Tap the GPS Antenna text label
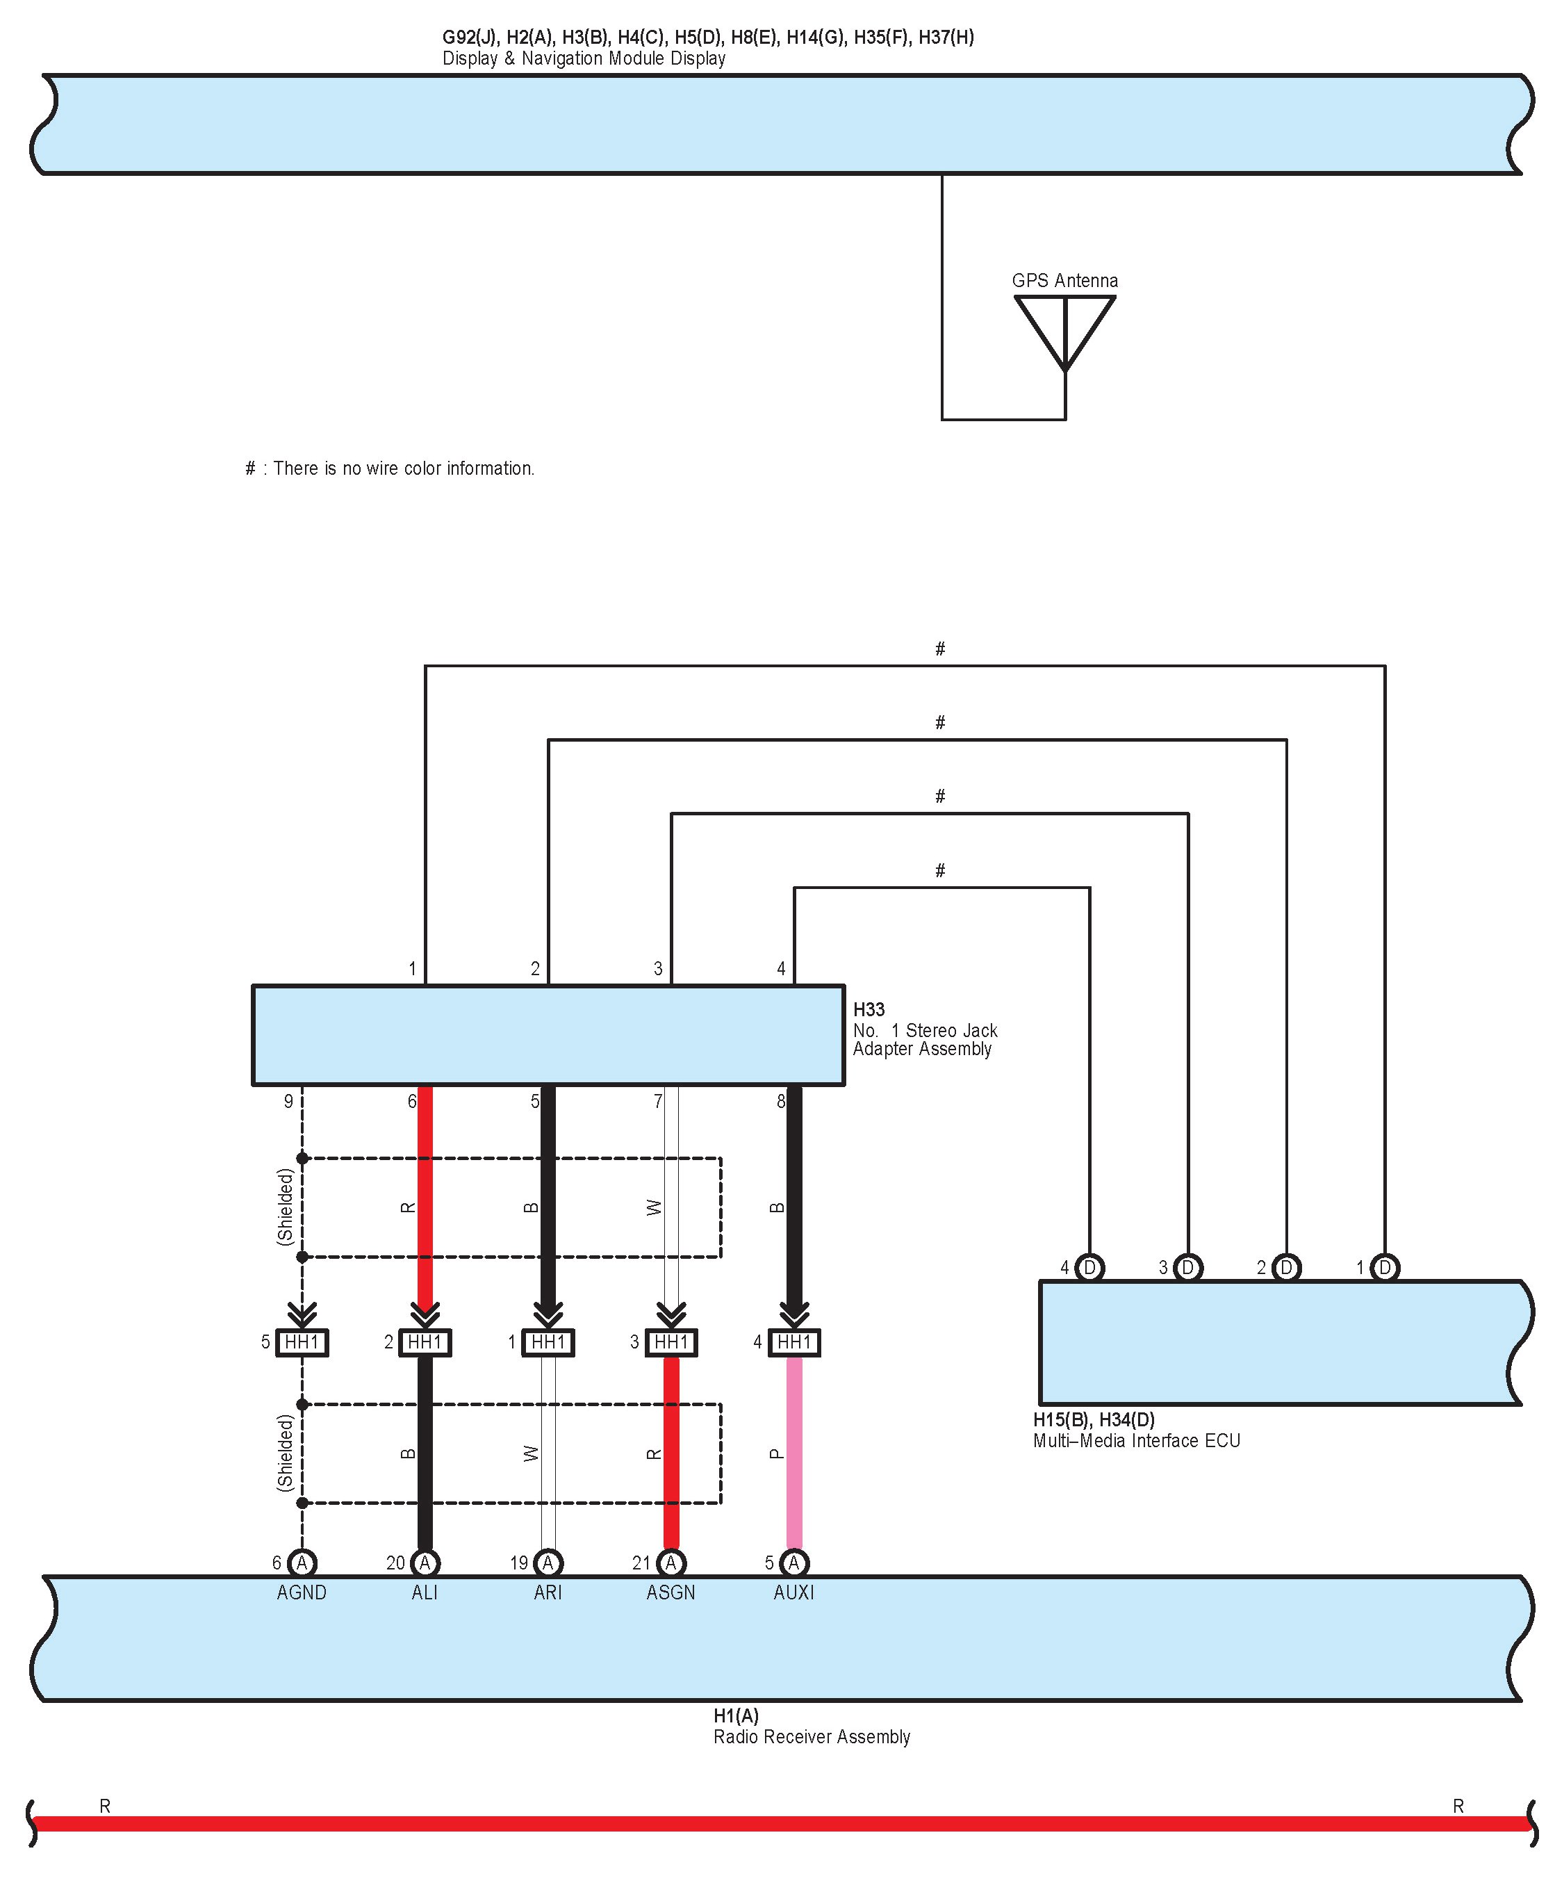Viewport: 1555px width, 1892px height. coord(1064,280)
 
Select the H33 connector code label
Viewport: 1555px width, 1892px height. coord(869,1010)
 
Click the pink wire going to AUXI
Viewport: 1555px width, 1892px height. coord(793,1451)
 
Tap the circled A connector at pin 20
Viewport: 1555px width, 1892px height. coord(425,1563)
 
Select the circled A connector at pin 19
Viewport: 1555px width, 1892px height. coord(548,1563)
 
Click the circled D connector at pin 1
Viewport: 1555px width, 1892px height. coord(1385,1268)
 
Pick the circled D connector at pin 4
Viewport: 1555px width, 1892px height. coord(1090,1268)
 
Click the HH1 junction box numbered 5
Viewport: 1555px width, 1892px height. coord(302,1342)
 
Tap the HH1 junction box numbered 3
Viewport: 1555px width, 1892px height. coord(671,1342)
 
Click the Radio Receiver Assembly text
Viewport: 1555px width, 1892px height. coord(812,1737)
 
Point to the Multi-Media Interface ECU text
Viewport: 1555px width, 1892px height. coord(1137,1440)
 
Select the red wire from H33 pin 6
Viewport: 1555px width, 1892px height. coord(425,1200)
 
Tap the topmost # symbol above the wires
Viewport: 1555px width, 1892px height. coord(939,649)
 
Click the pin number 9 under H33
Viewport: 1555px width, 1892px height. coord(288,1101)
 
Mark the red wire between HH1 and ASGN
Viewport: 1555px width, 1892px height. coord(671,1451)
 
